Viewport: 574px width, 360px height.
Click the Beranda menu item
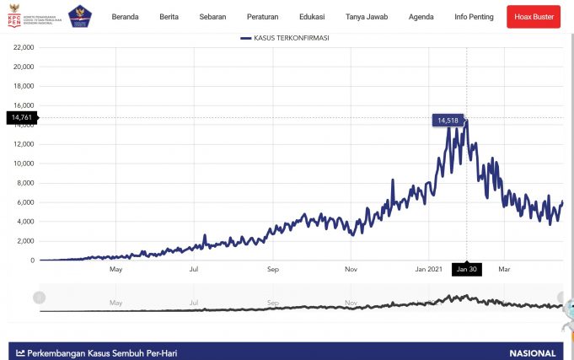pos(125,17)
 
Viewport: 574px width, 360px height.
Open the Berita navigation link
pos(169,17)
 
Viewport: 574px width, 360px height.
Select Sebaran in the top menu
pos(213,17)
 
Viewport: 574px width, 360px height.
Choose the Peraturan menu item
pos(263,17)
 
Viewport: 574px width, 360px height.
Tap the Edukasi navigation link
pos(312,17)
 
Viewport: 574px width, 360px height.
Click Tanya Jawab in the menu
pos(367,17)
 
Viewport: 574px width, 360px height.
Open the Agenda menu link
pos(421,17)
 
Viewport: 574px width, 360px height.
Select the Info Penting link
pos(473,17)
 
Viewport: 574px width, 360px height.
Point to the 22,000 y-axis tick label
pos(23,47)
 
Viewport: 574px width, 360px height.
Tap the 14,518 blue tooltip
pos(447,121)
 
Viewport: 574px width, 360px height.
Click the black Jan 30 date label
pos(466,270)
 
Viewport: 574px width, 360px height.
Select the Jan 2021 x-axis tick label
pos(428,270)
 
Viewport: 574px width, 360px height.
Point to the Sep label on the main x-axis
pos(273,270)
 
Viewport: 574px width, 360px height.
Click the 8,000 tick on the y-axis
pos(24,183)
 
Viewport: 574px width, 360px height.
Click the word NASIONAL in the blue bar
pos(533,353)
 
